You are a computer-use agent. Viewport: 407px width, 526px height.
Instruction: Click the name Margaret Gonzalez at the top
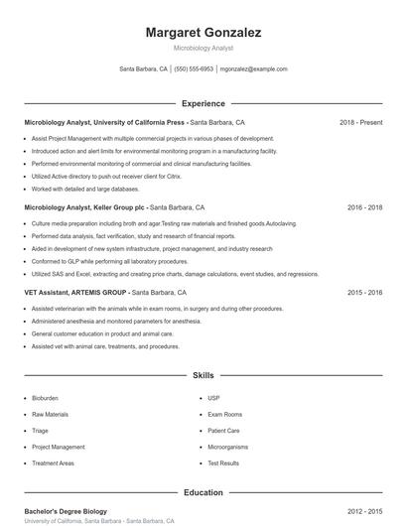pos(203,33)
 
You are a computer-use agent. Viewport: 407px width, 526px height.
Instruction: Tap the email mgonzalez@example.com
pos(253,69)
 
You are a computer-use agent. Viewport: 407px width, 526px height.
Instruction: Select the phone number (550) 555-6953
pos(194,69)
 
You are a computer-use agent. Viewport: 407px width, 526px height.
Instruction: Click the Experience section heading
pos(203,103)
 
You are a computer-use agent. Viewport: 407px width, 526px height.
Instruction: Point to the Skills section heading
pos(203,376)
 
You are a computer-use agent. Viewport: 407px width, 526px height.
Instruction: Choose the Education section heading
pos(203,492)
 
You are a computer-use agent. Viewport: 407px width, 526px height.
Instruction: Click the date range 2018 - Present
pos(360,123)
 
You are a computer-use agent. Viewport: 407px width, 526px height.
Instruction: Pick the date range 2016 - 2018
pos(364,208)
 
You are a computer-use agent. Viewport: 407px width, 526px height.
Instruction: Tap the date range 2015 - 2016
pos(364,294)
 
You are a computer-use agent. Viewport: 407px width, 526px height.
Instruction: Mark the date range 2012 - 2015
pos(364,511)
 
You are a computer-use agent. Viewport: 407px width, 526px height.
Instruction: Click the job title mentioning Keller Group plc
pos(114,208)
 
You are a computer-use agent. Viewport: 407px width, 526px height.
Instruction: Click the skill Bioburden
pos(45,398)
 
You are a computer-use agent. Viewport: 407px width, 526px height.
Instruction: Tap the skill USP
pos(213,398)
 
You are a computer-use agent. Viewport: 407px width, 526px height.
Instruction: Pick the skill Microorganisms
pos(227,448)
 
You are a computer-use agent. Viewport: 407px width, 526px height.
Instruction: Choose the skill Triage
pos(40,431)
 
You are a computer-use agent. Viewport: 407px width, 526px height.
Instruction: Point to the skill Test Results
pos(223,463)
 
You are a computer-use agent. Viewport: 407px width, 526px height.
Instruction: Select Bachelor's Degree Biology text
pos(66,511)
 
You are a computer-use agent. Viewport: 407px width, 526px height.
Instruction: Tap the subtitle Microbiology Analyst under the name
pos(203,48)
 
